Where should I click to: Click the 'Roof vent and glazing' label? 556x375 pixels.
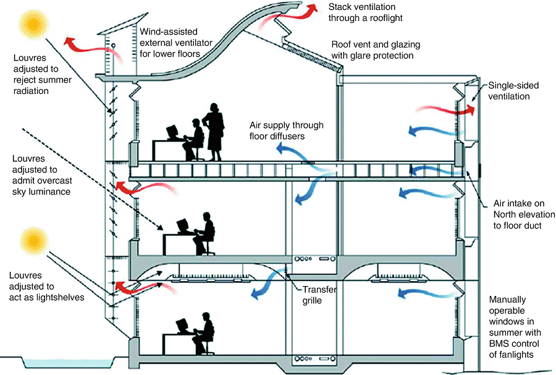point(372,50)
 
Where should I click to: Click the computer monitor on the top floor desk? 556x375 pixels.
point(171,131)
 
